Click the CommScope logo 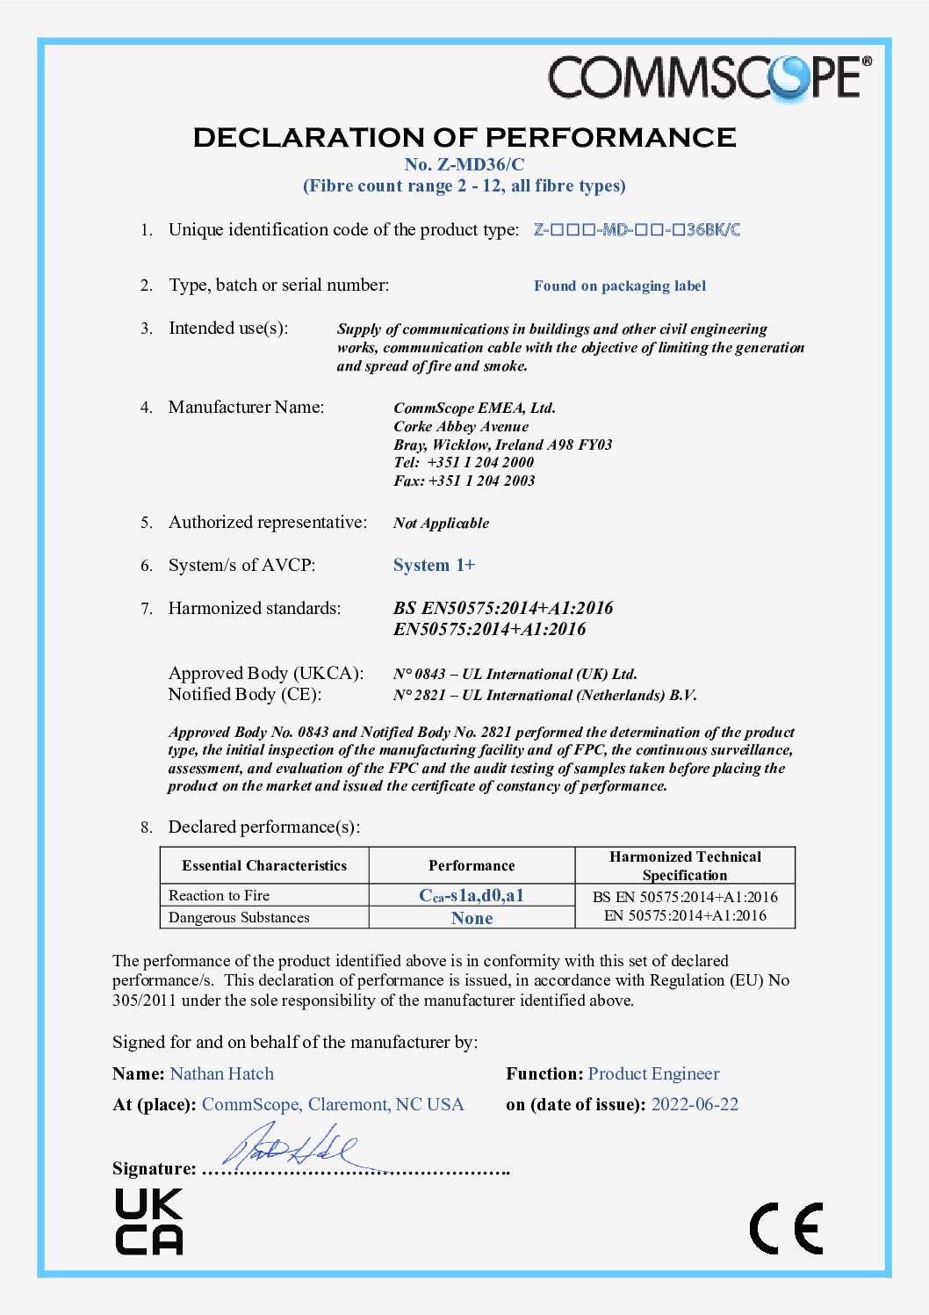click(x=709, y=77)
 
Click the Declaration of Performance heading click(x=464, y=138)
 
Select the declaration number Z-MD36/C click(x=464, y=164)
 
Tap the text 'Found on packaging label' click(x=619, y=286)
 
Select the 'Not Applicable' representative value click(x=441, y=524)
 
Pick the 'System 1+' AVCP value click(x=434, y=566)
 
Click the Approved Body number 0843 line click(x=515, y=675)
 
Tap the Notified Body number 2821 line click(x=544, y=696)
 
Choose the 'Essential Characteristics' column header click(x=264, y=866)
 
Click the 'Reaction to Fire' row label click(x=220, y=896)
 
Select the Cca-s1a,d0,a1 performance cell click(x=472, y=896)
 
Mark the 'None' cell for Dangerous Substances click(x=472, y=918)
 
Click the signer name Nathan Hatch click(x=222, y=1074)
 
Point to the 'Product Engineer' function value click(x=653, y=1074)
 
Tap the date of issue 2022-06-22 click(x=695, y=1105)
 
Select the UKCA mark click(x=149, y=1222)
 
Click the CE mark click(x=786, y=1228)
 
